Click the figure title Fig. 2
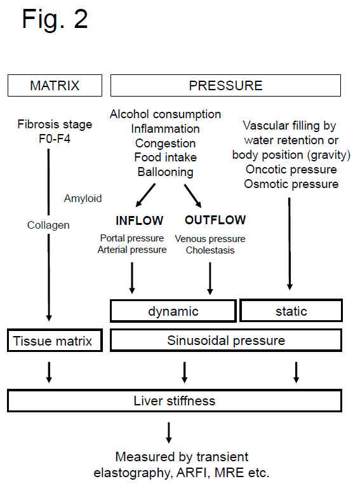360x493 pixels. click(55, 20)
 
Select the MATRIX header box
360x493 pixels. click(55, 86)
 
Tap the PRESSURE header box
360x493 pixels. click(226, 86)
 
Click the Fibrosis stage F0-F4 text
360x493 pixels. click(55, 130)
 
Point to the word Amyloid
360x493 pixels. click(83, 199)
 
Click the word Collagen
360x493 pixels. click(48, 225)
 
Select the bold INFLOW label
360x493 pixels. click(139, 221)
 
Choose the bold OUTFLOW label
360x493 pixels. click(215, 221)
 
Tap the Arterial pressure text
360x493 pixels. click(132, 250)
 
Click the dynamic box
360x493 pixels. click(173, 311)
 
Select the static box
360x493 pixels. click(291, 311)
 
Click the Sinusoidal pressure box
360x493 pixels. click(226, 341)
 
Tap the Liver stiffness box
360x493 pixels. click(175, 401)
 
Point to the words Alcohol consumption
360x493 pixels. click(165, 114)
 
